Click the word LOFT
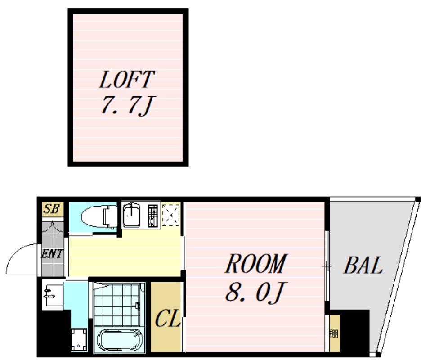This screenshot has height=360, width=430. [x=127, y=79]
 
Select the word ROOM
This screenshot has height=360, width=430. [x=256, y=263]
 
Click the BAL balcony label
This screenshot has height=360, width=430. [x=363, y=265]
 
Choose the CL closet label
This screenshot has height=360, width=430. [x=168, y=318]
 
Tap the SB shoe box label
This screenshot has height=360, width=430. [x=52, y=209]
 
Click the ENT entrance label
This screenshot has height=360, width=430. [x=52, y=253]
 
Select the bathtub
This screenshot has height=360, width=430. [x=119, y=340]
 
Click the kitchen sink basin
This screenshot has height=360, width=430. [x=131, y=216]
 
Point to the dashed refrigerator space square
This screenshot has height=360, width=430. [x=171, y=216]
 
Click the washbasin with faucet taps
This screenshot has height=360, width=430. [x=53, y=295]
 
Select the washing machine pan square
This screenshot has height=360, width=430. [x=79, y=340]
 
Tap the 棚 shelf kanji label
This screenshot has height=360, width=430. [x=334, y=333]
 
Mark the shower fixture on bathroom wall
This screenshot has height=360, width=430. [x=138, y=305]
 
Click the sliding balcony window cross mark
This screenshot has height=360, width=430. [x=327, y=266]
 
